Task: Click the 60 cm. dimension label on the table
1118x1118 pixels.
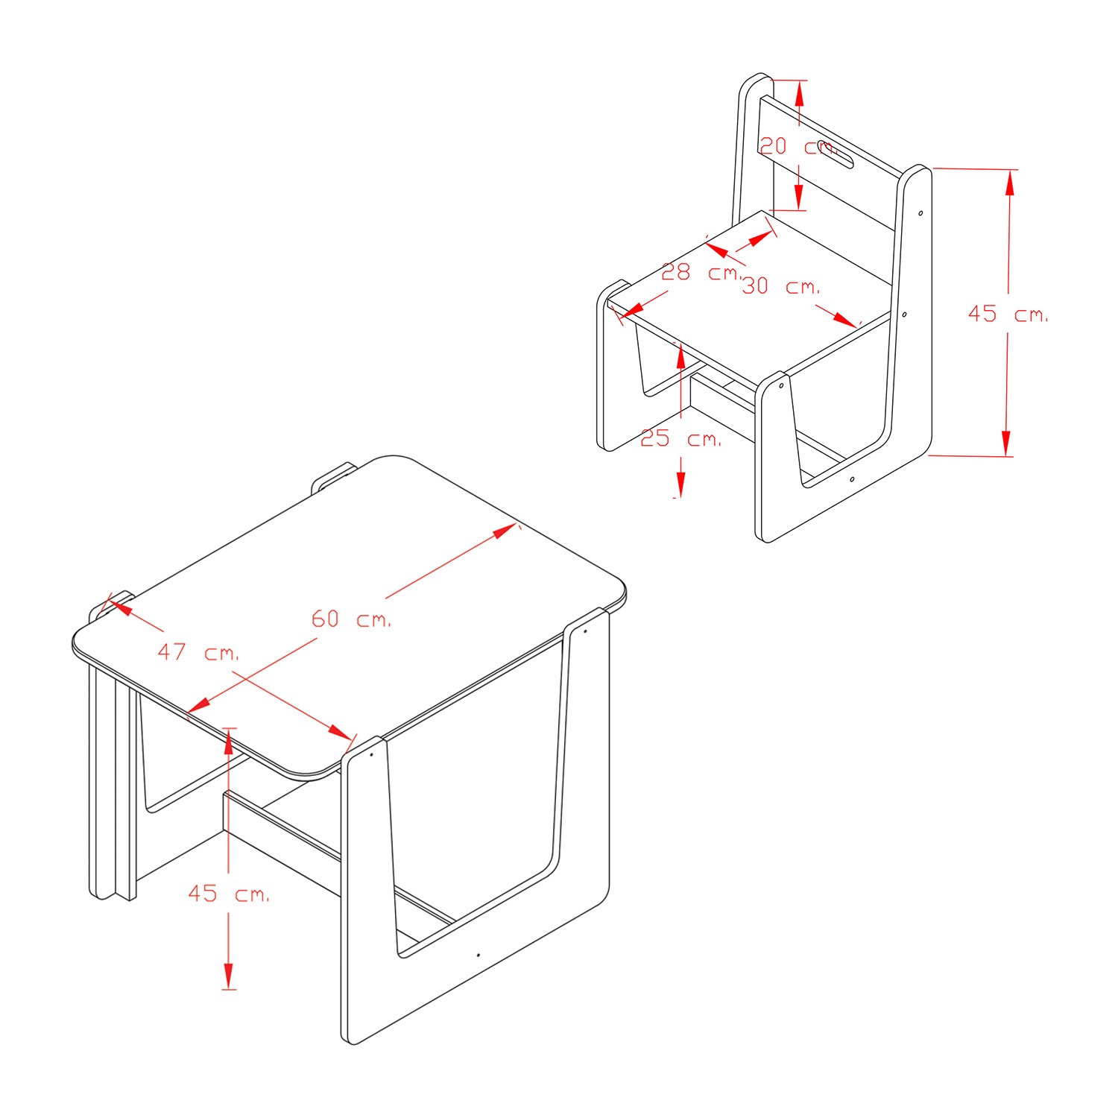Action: point(351,619)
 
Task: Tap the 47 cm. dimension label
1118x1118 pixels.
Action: point(198,652)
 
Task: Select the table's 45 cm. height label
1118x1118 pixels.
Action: point(229,893)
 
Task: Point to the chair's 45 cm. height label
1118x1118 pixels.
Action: point(1008,314)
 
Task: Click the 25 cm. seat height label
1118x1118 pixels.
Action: point(681,438)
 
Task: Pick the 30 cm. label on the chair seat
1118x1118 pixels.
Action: point(781,285)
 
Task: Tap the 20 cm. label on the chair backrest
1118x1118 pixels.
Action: point(798,146)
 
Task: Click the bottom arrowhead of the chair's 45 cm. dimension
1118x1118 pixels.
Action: point(1006,443)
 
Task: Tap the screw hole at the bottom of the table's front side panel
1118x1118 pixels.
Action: point(478,954)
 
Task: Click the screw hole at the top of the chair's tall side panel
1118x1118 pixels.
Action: point(920,213)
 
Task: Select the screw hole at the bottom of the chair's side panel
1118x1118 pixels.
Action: point(852,479)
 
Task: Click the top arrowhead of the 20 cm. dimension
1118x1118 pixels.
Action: point(800,92)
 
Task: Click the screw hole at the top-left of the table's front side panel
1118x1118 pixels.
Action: point(370,754)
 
